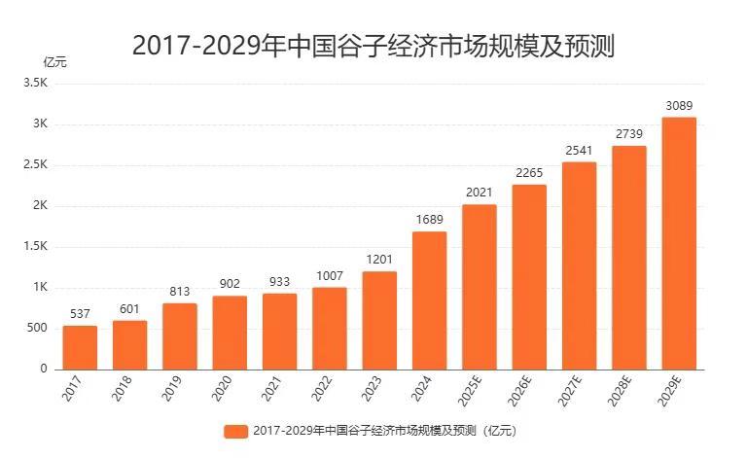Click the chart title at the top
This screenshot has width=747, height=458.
373,44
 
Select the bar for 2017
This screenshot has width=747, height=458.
80,347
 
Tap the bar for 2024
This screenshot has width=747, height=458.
429,300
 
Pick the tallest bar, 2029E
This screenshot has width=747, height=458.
679,243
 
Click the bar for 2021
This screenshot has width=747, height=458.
279,332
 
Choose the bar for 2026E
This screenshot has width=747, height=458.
529,277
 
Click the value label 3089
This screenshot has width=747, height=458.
679,105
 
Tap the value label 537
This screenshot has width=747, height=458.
80,313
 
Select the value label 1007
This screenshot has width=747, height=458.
330,275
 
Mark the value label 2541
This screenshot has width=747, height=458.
579,150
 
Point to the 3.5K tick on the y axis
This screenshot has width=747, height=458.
36,84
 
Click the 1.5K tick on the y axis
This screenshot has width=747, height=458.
36,247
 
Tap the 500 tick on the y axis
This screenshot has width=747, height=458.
37,329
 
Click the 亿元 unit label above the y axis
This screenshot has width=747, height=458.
55,62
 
